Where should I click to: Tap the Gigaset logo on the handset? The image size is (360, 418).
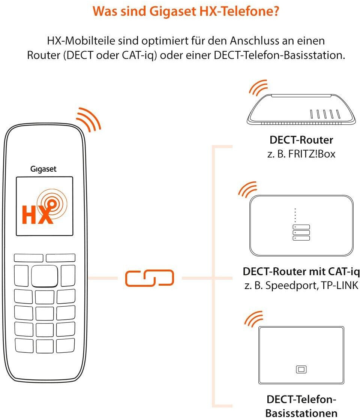pos(43,169)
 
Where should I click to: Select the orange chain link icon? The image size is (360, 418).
pos(150,278)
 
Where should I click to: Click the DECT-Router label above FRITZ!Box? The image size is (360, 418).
pos(301,140)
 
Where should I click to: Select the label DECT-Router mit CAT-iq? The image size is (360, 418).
pos(301,272)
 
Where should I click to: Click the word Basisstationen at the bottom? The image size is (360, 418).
pos(301,413)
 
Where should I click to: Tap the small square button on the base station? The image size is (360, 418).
pos(301,369)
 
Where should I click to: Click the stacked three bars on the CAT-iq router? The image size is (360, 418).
pos(301,232)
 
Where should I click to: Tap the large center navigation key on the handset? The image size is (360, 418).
pos(45,276)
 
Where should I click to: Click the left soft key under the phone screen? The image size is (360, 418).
pos(28,258)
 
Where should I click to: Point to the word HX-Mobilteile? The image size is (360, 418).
pos(81,41)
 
